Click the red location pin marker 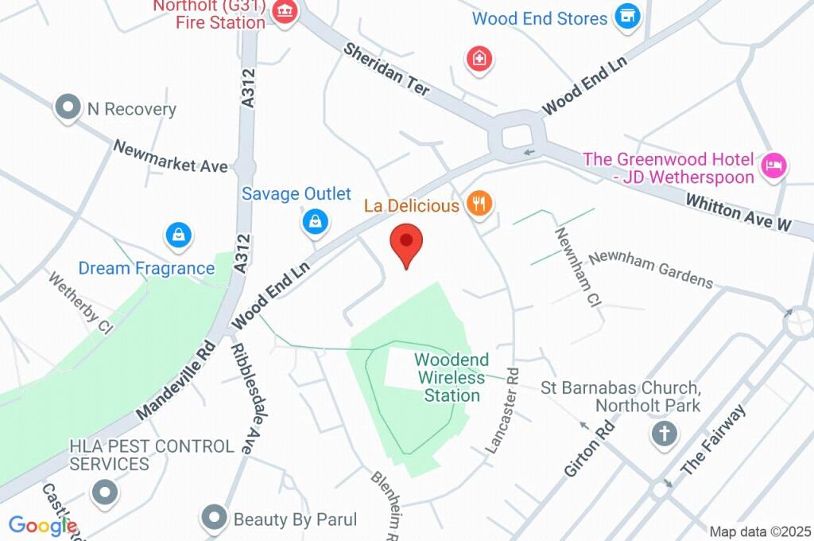(x=407, y=243)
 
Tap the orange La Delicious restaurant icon (x=479, y=204)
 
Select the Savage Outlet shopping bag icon (x=316, y=221)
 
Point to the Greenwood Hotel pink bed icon (x=773, y=165)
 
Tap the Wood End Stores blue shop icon (x=628, y=16)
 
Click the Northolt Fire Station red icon (x=283, y=12)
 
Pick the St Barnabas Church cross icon (x=663, y=434)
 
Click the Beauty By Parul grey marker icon (x=214, y=519)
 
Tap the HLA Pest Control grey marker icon (x=104, y=492)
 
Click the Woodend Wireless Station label (x=452, y=378)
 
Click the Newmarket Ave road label (x=170, y=157)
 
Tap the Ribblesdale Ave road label (x=242, y=398)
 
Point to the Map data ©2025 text (x=760, y=531)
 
